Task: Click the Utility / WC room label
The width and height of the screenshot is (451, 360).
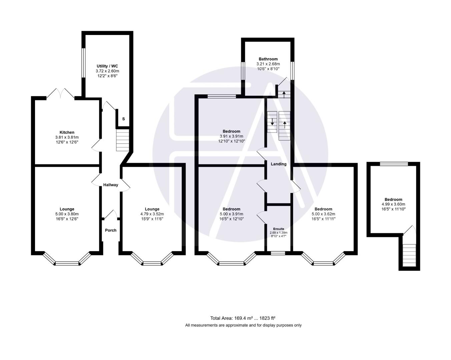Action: click(107, 66)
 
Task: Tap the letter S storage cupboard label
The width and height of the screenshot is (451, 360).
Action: click(123, 119)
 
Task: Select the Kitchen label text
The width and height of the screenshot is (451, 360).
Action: click(67, 132)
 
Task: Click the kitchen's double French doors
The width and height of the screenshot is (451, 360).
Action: click(60, 94)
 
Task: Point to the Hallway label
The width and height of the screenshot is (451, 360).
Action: click(110, 185)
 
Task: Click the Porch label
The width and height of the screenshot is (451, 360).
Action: click(111, 230)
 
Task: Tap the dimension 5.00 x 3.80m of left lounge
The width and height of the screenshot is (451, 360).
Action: click(67, 214)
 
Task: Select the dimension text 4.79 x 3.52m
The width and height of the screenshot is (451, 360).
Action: click(152, 214)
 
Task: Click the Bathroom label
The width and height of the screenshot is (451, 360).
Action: click(268, 59)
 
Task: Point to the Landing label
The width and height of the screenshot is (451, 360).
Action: click(278, 164)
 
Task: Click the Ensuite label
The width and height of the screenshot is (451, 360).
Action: click(279, 229)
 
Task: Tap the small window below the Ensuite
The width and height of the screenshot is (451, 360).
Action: click(278, 253)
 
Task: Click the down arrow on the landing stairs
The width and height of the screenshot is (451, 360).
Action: click(272, 122)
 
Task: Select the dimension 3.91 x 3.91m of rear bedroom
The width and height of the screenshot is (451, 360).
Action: click(231, 136)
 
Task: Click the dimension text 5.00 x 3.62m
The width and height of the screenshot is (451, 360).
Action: click(323, 214)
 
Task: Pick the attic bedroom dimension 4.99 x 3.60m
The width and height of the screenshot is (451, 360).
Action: click(393, 204)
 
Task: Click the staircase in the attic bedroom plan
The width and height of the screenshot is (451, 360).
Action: click(409, 255)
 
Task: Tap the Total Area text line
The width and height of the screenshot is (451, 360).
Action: click(243, 318)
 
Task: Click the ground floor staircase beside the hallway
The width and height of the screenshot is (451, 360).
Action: click(122, 140)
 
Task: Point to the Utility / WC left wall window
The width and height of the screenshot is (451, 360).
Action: click(84, 63)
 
